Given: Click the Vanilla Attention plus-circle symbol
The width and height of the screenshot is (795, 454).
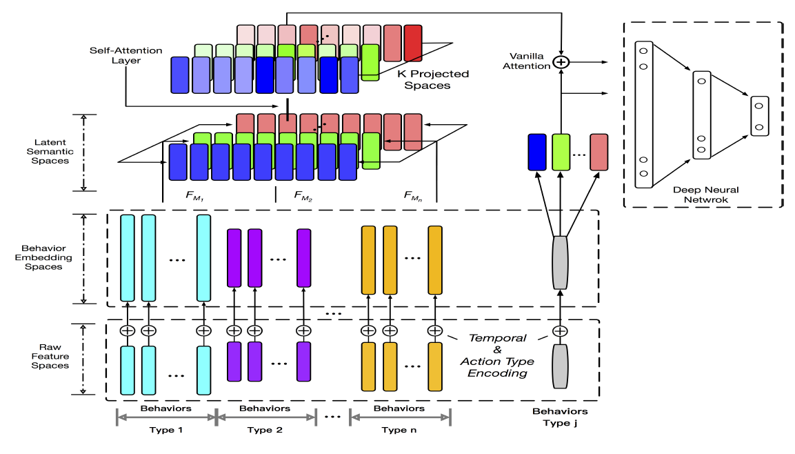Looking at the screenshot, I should pos(562,62).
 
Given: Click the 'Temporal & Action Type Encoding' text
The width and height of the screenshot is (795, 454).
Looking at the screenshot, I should pos(497,355).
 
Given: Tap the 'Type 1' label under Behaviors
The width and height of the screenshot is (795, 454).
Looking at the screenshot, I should pos(165,429).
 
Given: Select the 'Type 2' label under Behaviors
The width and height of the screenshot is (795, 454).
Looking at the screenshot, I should pos(265,429).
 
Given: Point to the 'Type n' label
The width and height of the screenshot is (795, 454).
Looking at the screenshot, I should pos(400,429).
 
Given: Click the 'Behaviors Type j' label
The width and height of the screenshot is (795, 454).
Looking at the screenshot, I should pos(560,417).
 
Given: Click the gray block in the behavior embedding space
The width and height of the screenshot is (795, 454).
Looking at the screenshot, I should pos(560,261).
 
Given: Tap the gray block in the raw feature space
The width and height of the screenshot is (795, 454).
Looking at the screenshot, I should pos(560,366).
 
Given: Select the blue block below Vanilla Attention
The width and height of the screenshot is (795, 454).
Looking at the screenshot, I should pos(537,152).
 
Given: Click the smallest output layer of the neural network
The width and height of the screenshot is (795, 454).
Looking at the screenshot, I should pos(759,116).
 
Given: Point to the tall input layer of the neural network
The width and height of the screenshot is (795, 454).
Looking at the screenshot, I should pos(643,115).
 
